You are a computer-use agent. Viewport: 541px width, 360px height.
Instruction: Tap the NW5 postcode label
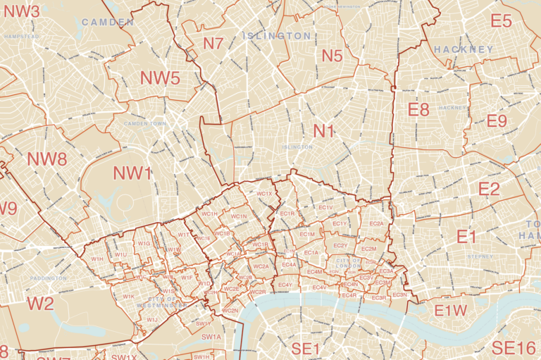point(160,78)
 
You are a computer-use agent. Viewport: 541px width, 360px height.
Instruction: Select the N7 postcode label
point(213,44)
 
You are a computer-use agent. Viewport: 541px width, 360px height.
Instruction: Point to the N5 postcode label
point(332,56)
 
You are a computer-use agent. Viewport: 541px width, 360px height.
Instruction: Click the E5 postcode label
point(501,22)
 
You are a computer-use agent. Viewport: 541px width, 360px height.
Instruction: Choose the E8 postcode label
point(418,109)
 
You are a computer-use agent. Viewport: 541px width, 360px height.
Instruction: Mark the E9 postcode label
point(497,121)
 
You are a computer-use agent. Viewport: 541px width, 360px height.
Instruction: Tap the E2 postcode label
point(489,189)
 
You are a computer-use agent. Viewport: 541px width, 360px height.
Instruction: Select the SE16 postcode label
point(514,347)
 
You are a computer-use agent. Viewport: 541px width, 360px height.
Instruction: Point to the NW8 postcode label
point(47,159)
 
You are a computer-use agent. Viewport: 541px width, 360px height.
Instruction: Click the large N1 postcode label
point(324,131)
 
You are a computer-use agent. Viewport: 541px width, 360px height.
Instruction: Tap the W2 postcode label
point(40,304)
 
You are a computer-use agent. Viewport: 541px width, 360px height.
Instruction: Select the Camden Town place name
point(144,125)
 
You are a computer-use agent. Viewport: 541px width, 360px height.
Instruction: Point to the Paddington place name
point(49,278)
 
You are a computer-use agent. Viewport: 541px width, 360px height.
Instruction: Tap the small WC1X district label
point(265,194)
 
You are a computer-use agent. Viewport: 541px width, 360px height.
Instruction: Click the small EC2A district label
point(377,223)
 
